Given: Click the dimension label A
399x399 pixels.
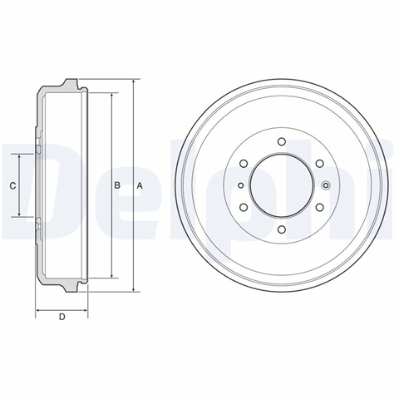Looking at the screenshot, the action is point(140,185).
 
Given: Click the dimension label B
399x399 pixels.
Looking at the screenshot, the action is point(117,185).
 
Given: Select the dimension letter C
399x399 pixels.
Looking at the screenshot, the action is point(12,185).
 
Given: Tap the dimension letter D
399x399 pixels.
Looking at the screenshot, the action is point(62,317).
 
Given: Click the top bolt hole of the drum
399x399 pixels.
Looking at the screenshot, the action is point(282,141).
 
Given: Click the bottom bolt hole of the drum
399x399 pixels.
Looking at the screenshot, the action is point(282,229).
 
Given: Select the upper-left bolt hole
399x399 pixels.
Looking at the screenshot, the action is point(244,164).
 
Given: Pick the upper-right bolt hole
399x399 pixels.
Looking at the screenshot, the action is point(320,164).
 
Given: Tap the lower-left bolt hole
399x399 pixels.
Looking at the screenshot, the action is point(244,207).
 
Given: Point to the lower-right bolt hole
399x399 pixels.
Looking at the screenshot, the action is point(320,207).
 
